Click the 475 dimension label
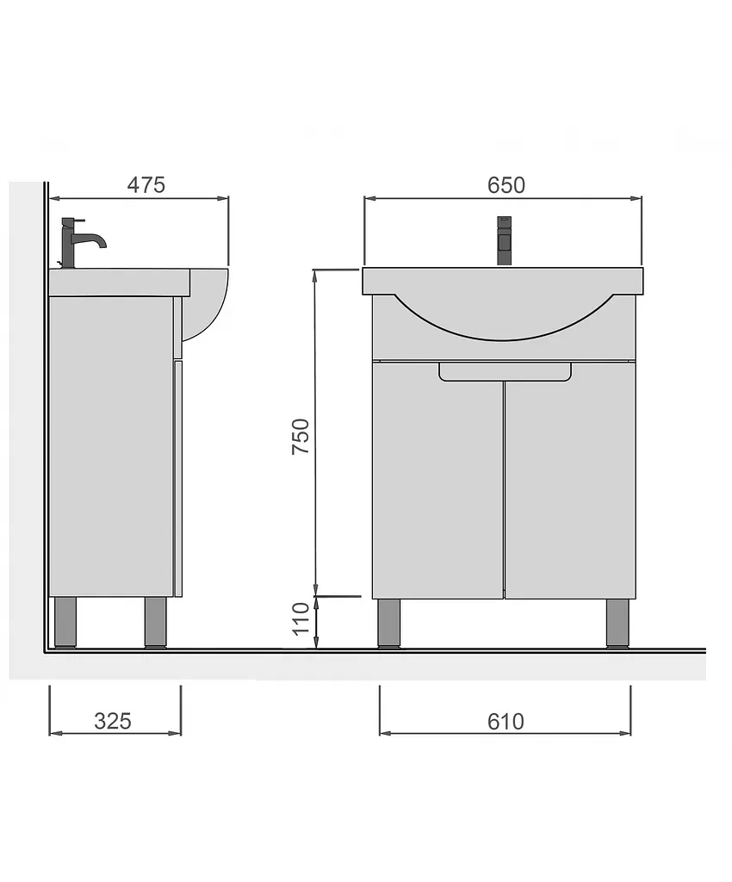(x=146, y=184)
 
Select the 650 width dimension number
(x=506, y=184)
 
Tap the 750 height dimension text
(x=301, y=437)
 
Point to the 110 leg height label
(x=301, y=618)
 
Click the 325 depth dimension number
(x=113, y=721)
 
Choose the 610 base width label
(x=506, y=721)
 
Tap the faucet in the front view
(x=505, y=241)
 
